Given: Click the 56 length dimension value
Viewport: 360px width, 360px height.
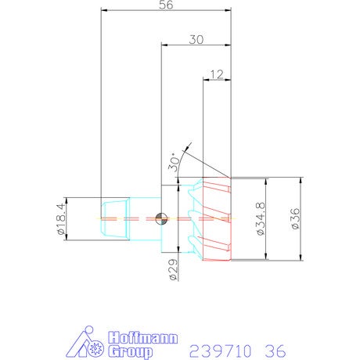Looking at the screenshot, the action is (166, 5).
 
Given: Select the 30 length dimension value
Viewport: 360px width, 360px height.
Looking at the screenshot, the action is (196, 39).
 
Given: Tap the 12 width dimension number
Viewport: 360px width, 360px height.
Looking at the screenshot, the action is (217, 74).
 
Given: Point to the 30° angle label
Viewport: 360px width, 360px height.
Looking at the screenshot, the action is (175, 164).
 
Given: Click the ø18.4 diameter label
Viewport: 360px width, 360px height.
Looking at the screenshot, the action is (61, 219).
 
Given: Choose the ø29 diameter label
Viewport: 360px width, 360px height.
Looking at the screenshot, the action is (173, 269).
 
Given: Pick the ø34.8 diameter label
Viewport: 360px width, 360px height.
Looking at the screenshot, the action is (261, 219).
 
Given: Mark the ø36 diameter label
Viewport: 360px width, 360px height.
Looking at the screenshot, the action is (296, 218).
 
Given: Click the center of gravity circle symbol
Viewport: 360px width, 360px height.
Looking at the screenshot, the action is (161, 218).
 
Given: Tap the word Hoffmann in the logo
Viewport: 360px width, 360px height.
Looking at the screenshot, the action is (143, 338).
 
